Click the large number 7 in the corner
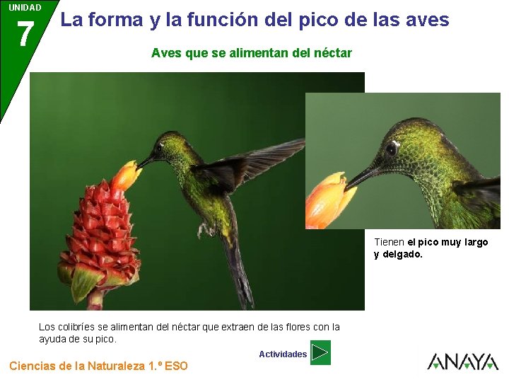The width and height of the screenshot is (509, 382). coord(25,35)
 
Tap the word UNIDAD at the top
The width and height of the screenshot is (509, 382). coord(25,8)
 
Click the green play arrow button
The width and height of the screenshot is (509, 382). coord(320,352)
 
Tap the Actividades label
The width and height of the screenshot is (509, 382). coord(283,354)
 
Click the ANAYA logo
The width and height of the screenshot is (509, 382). coord(463,361)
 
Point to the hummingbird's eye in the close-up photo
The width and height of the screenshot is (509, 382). coord(391,149)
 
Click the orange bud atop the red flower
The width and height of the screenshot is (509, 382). coord(127,175)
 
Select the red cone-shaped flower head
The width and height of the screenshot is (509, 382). coord(99,233)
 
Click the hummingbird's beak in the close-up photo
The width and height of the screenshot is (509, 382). coord(363,176)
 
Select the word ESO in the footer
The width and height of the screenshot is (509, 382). coord(176,366)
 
